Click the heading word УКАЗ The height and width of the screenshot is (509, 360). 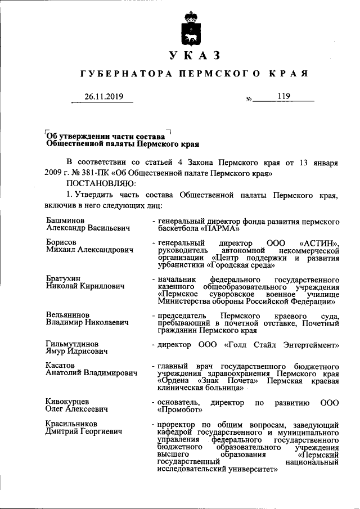pyautogui.click(x=192, y=55)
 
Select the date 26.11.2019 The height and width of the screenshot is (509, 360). pyautogui.click(x=103, y=97)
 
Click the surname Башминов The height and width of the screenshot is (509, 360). pyautogui.click(x=65, y=221)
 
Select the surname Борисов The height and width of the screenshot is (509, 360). pyautogui.click(x=61, y=241)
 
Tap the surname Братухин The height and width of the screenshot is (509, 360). pyautogui.click(x=64, y=278)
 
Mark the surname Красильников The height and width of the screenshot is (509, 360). pyautogui.click(x=72, y=424)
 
